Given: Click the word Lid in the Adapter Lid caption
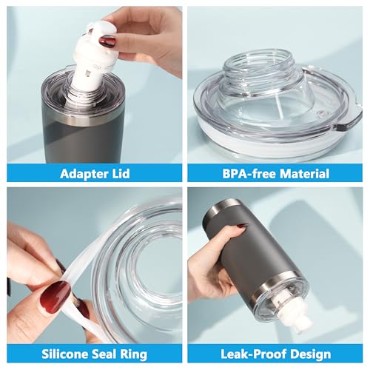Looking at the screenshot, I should click(120, 174).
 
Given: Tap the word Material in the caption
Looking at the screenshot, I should click(303, 174).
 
